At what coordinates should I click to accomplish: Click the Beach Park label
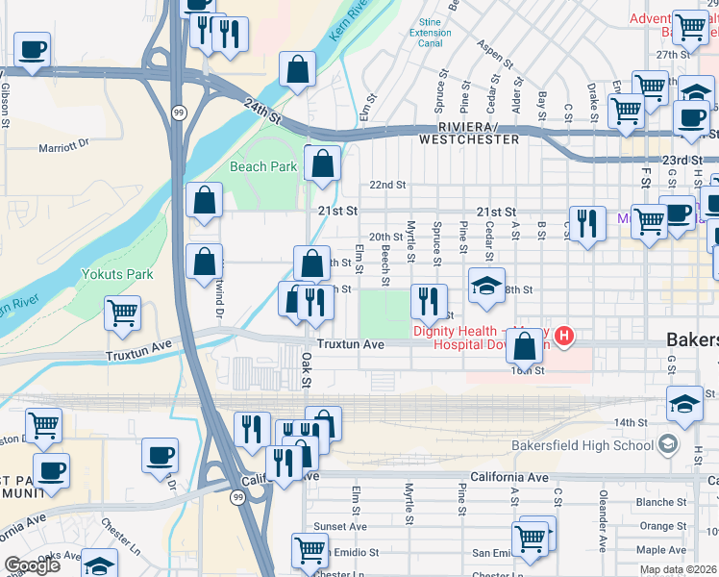pyautogui.click(x=263, y=166)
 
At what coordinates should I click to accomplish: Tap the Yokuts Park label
pyautogui.click(x=125, y=274)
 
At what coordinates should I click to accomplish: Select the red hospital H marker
pyautogui.click(x=564, y=336)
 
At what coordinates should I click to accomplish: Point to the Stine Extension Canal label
pyautogui.click(x=430, y=33)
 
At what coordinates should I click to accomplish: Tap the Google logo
pyautogui.click(x=32, y=565)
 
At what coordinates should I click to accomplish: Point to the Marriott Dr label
pyautogui.click(x=63, y=147)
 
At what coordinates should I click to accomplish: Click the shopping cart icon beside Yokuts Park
pyautogui.click(x=123, y=314)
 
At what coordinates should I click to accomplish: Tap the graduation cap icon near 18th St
pyautogui.click(x=486, y=285)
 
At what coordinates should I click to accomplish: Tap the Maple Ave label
pyautogui.click(x=661, y=550)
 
